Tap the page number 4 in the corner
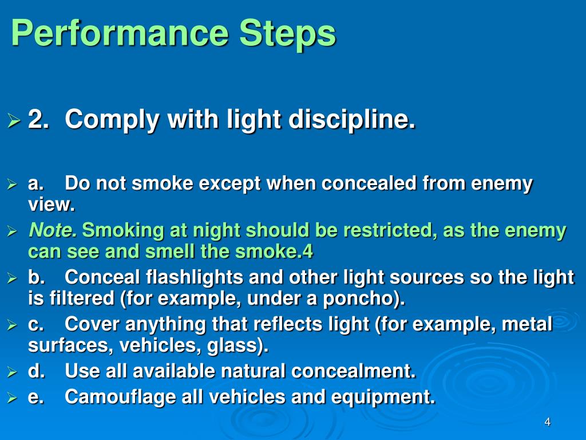click(548, 423)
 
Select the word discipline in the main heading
click(351, 120)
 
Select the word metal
click(526, 324)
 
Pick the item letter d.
click(37, 371)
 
